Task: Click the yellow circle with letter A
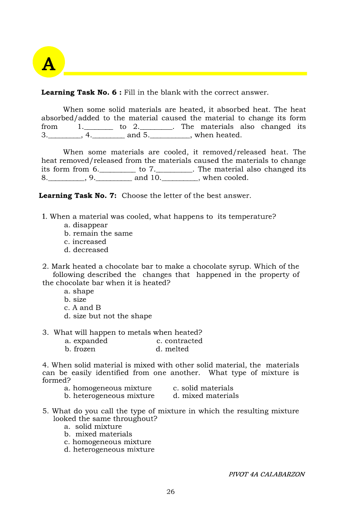click(x=49, y=62)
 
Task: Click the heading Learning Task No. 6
click(x=81, y=92)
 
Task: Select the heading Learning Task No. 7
click(x=78, y=196)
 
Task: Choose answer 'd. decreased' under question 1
click(x=86, y=250)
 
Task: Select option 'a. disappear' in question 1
click(x=86, y=225)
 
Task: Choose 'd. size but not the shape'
click(x=108, y=316)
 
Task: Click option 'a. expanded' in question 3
click(x=86, y=341)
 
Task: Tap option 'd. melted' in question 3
click(x=172, y=349)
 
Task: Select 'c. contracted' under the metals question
click(x=180, y=341)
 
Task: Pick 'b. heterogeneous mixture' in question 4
click(x=109, y=396)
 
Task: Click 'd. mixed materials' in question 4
click(x=206, y=396)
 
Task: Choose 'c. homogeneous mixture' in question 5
click(x=108, y=442)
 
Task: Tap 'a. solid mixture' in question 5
click(x=93, y=427)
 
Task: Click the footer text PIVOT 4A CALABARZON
click(x=266, y=474)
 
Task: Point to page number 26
click(x=170, y=492)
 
